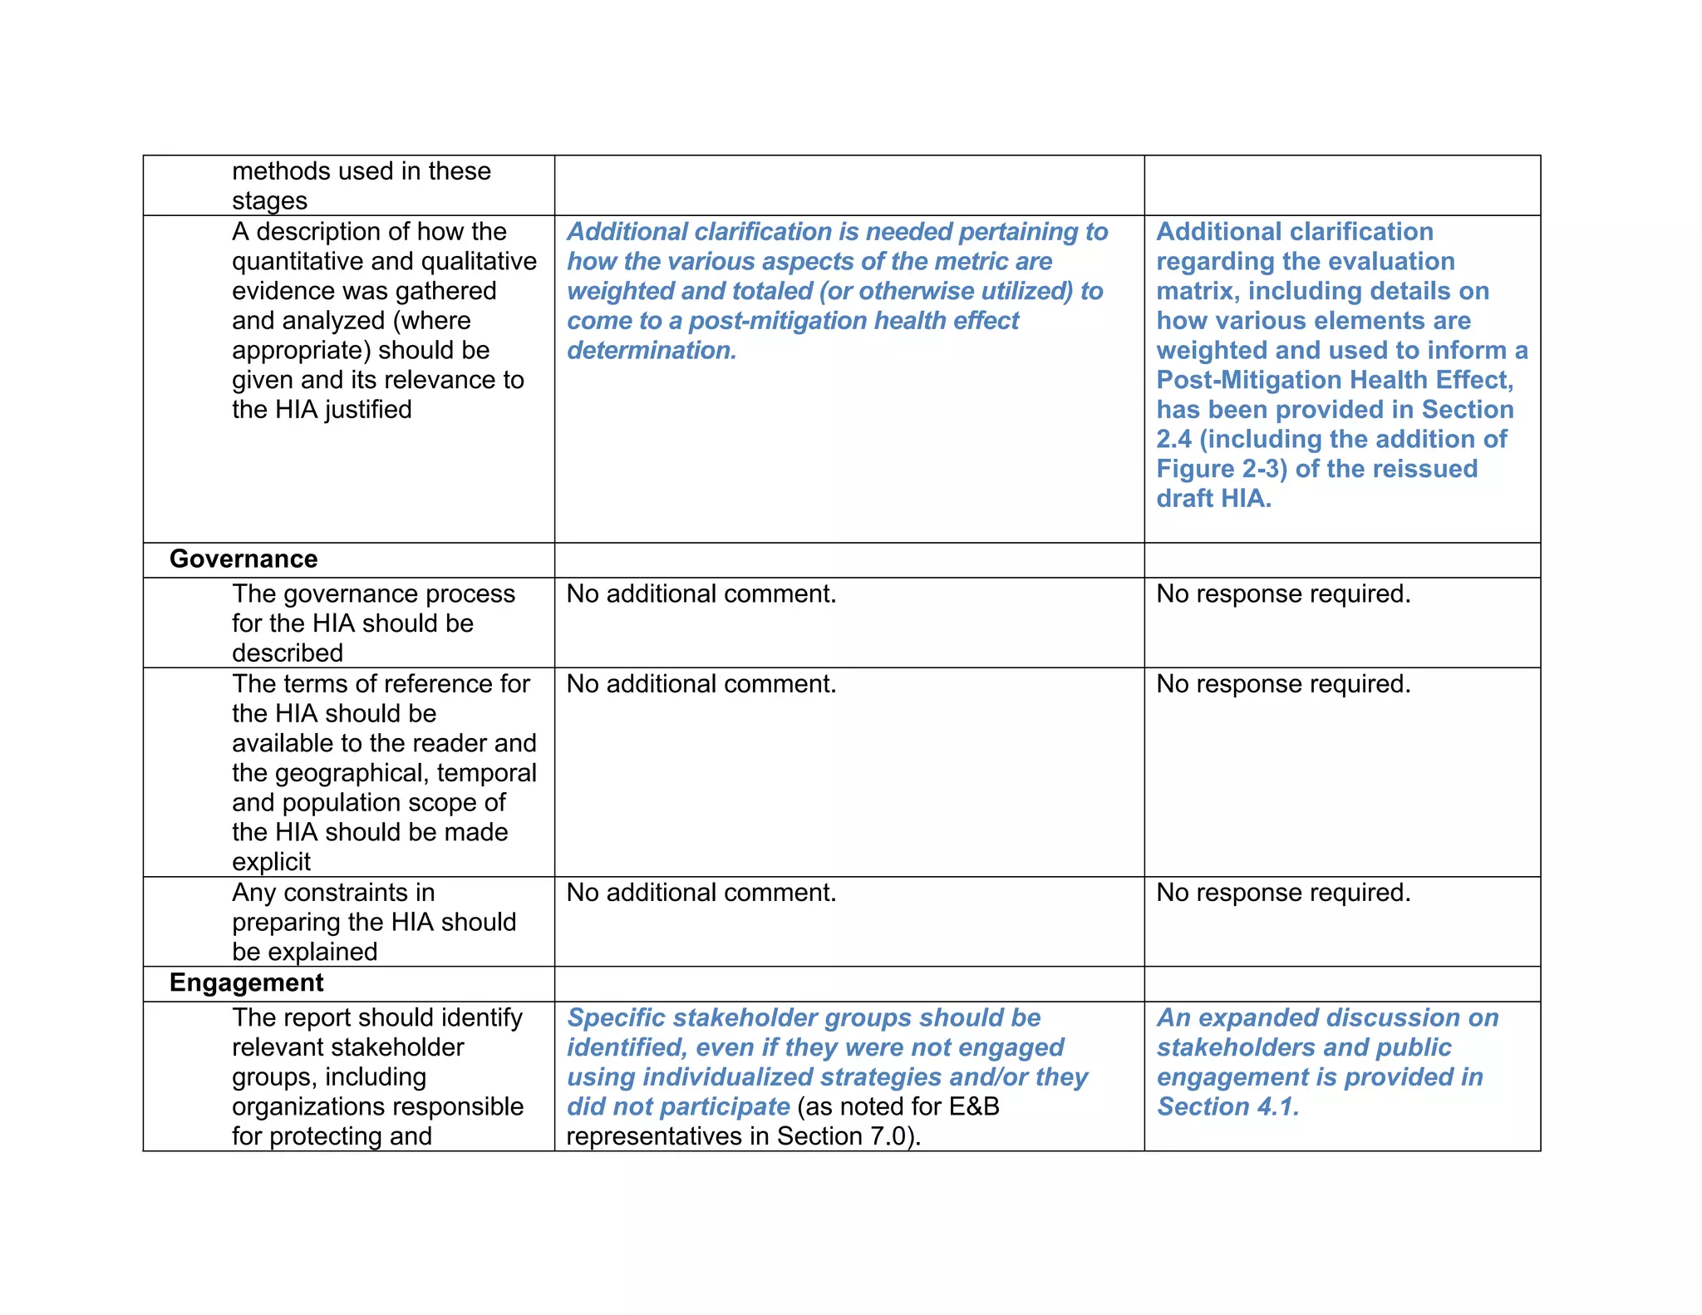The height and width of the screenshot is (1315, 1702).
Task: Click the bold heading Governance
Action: tap(243, 559)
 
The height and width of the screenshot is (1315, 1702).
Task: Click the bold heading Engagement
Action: tap(246, 983)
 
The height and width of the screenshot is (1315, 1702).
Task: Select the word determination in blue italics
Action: tap(651, 351)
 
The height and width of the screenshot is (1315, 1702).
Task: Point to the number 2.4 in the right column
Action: tap(1173, 439)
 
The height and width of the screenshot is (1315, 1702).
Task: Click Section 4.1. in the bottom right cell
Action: tap(1227, 1106)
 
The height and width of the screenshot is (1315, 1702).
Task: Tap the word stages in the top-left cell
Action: tap(269, 201)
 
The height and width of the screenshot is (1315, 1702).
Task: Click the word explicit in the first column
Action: tap(271, 862)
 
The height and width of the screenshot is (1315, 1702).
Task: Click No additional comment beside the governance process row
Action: tap(701, 594)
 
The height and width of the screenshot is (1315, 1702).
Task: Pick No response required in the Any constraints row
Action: tap(1282, 893)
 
